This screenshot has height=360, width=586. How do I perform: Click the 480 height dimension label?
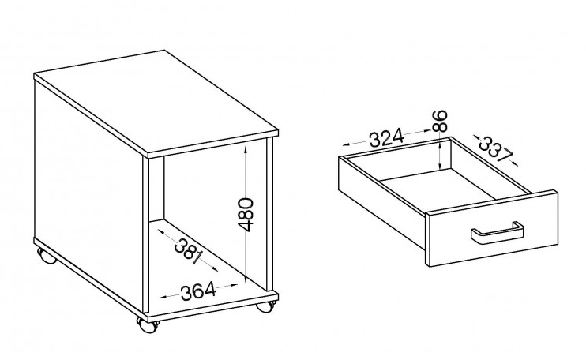pyautogui.click(x=245, y=215)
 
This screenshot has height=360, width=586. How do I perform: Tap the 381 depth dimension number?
pyautogui.click(x=189, y=251)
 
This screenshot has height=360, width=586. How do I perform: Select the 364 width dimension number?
pyautogui.click(x=198, y=291)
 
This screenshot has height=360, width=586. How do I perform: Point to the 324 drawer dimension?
pyautogui.click(x=387, y=137)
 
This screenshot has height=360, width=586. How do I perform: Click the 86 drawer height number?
pyautogui.click(x=440, y=120)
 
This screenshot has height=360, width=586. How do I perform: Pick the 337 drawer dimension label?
pyautogui.click(x=495, y=148)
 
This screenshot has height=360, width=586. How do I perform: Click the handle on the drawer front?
pyautogui.click(x=497, y=233)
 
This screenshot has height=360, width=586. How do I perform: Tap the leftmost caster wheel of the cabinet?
pyautogui.click(x=47, y=257)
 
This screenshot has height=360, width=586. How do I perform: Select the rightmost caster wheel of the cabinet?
pyautogui.click(x=265, y=305)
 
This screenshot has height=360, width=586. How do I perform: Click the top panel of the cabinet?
pyautogui.click(x=156, y=103)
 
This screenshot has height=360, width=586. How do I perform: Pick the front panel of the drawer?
pyautogui.click(x=494, y=228)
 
